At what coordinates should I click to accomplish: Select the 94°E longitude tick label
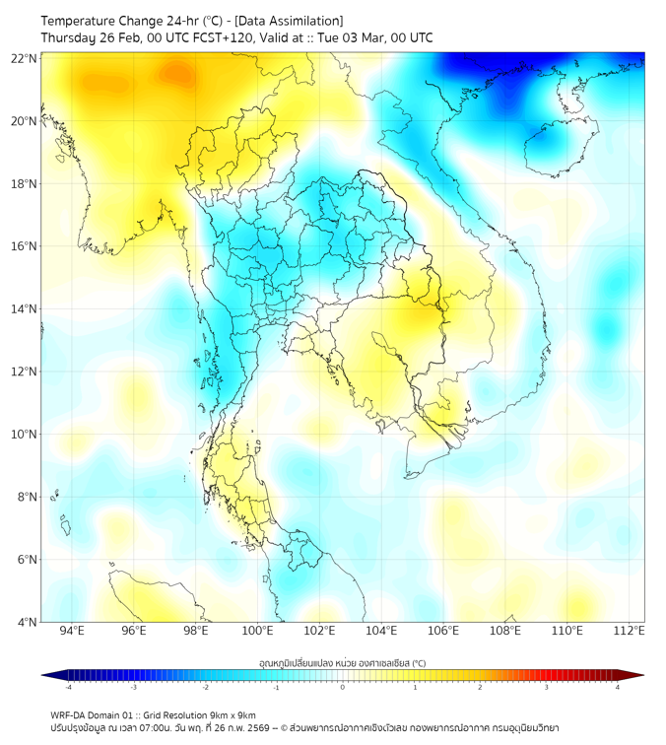point(72,632)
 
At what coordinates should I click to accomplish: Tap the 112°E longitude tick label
point(630,632)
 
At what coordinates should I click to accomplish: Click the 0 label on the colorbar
point(342,687)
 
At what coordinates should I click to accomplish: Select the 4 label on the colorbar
point(617,687)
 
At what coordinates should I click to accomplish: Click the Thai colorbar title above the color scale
point(342,663)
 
